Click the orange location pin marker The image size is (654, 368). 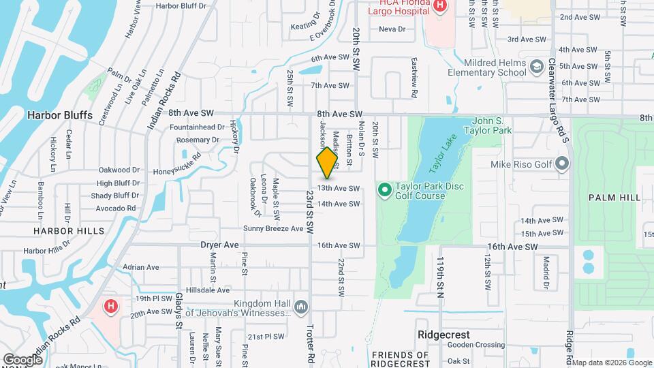[x=327, y=162]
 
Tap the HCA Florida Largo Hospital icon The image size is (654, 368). [x=440, y=6]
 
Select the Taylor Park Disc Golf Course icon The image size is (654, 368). [x=384, y=188]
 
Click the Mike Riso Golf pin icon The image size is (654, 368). [x=562, y=164]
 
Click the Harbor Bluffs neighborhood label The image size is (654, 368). [x=59, y=115]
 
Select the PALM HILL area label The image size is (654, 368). [x=616, y=197]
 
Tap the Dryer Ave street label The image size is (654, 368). [x=219, y=245]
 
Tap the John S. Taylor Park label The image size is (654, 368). [x=487, y=125]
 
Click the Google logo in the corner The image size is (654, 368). [x=22, y=359]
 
